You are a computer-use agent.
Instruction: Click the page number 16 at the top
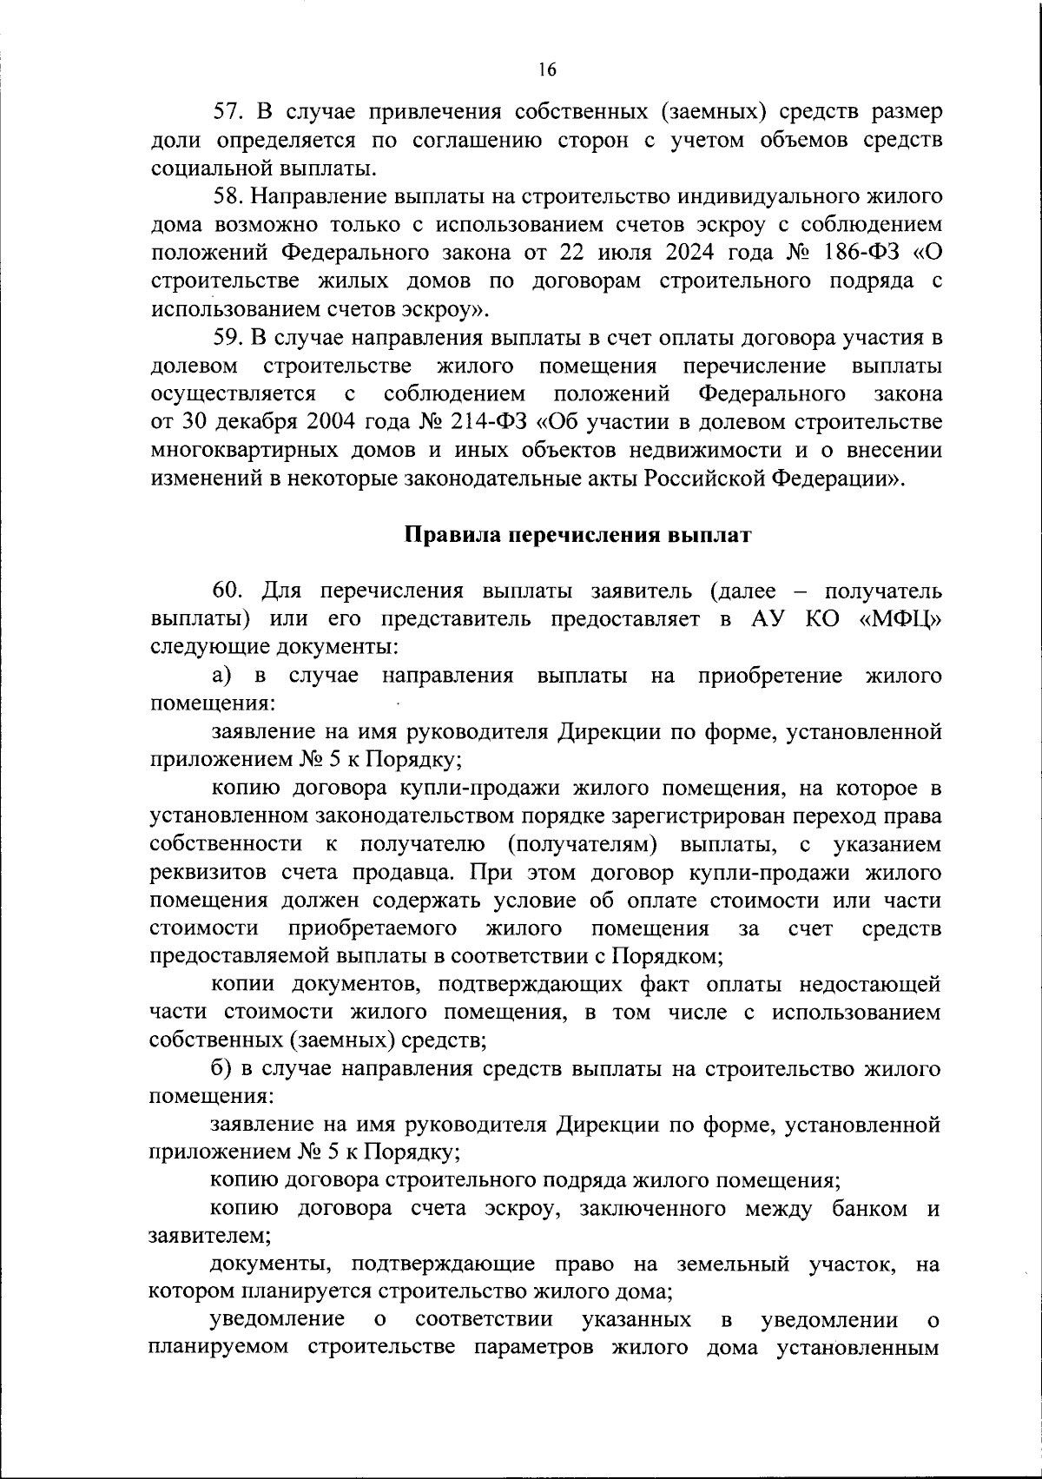click(x=546, y=70)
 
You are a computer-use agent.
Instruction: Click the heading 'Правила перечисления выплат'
click(x=578, y=535)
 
